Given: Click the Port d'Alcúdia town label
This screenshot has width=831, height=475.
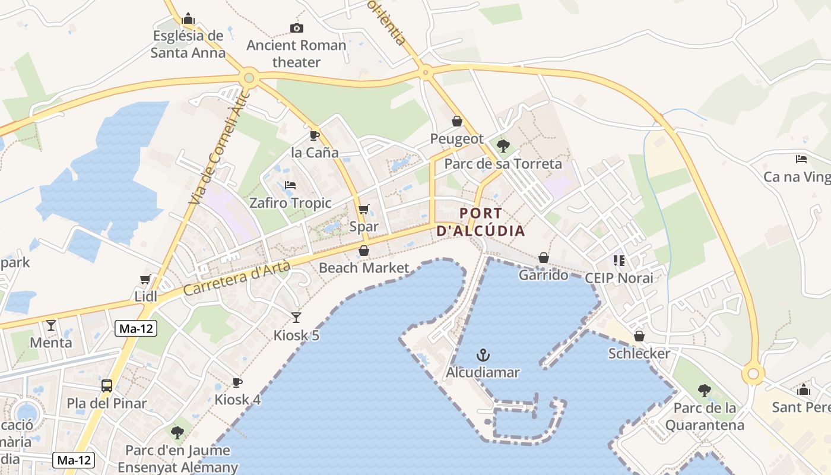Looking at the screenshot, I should (x=481, y=222).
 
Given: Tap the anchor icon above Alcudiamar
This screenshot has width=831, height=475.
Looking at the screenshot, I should (x=483, y=356).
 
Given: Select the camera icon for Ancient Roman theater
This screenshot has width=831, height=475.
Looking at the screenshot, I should (x=296, y=28).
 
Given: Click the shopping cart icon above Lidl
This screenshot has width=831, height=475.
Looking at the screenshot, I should (x=145, y=279).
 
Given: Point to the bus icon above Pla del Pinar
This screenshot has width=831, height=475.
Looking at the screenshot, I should (x=107, y=386).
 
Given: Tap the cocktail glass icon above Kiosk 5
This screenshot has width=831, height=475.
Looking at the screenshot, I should (x=296, y=318).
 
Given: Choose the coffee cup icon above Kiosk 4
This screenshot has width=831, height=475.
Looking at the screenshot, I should (x=237, y=382).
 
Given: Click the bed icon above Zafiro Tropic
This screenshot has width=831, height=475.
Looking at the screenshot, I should (x=290, y=185).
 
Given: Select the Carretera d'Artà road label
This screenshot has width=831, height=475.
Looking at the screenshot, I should (x=237, y=279).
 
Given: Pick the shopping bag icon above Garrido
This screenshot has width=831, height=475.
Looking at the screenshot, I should (x=543, y=258).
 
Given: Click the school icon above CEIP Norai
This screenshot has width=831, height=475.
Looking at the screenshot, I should (x=619, y=260).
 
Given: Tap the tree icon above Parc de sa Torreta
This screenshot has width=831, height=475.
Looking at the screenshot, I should (x=503, y=145).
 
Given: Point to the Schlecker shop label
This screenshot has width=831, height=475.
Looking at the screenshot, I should (x=639, y=354).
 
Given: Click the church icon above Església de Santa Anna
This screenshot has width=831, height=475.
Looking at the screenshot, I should (x=188, y=18).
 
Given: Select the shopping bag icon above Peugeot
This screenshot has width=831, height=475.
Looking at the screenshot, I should (x=457, y=121).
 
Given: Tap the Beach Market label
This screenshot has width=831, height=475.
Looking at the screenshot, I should (x=364, y=268).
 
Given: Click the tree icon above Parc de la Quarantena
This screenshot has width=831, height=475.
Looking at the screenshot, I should (x=704, y=390).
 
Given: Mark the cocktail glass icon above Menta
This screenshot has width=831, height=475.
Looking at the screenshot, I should (x=51, y=325).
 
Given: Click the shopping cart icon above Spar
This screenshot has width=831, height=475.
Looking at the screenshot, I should (x=363, y=209).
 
